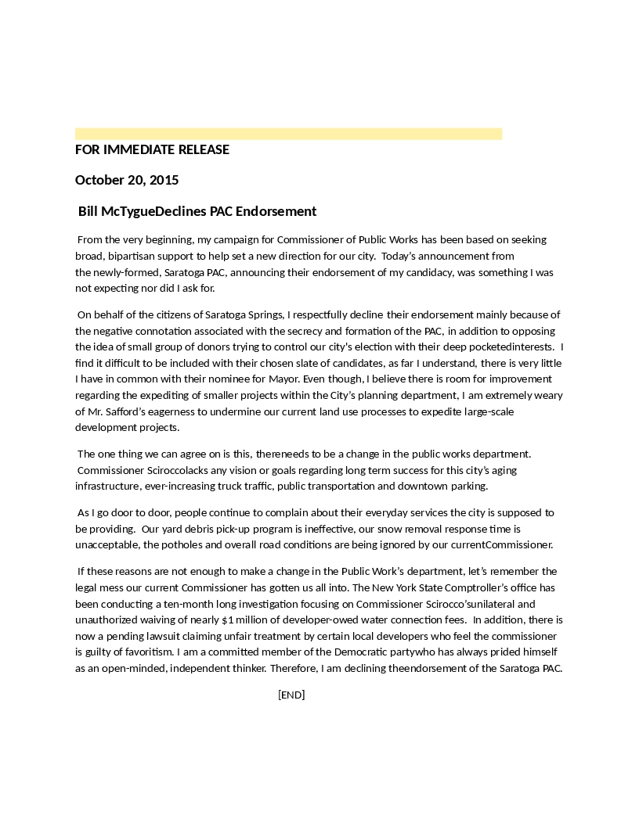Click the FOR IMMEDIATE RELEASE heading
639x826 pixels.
click(152, 149)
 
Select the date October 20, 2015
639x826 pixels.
click(127, 180)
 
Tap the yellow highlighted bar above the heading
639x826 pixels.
click(288, 134)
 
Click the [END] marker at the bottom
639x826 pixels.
click(291, 695)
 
